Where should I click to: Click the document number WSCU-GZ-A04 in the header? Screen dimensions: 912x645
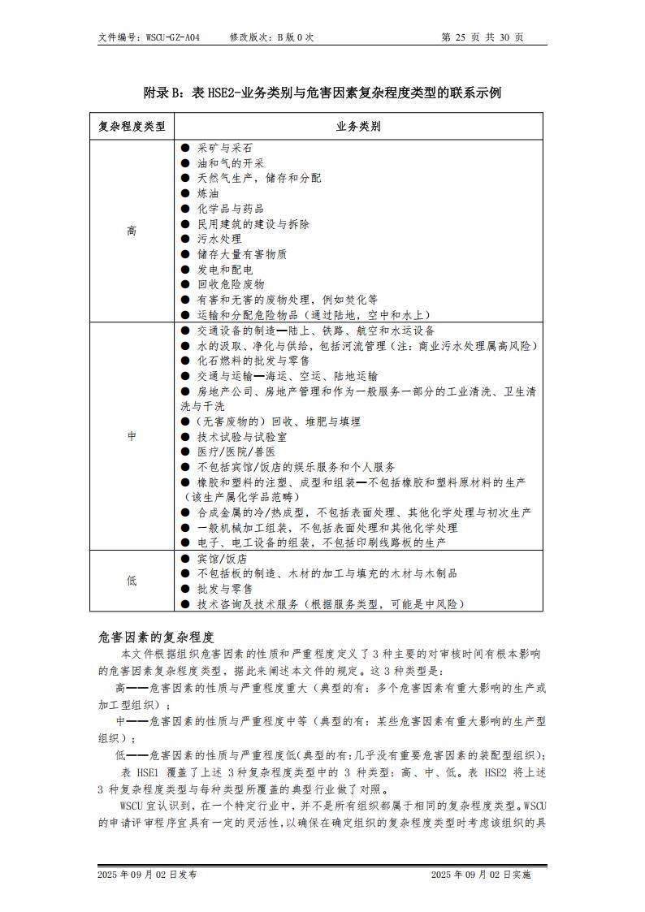[173, 37]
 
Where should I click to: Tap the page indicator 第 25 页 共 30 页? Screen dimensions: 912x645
[482, 37]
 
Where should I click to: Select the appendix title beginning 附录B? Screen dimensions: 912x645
[322, 93]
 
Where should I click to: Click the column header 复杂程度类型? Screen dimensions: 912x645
[132, 127]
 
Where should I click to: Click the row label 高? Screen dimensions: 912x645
[132, 231]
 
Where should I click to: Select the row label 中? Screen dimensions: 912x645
[132, 437]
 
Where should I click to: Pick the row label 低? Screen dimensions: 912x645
[132, 581]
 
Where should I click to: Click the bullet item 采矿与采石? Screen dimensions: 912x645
[224, 148]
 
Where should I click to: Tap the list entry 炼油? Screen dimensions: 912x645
[208, 193]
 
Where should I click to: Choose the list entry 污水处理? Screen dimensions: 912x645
[219, 239]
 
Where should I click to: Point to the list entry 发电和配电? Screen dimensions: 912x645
[225, 270]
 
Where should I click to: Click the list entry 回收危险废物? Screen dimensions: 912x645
[231, 284]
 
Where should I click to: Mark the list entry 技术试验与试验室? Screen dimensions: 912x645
[241, 437]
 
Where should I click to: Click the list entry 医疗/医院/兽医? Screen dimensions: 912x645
[236, 452]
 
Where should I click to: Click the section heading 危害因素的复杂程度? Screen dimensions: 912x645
[155, 635]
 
